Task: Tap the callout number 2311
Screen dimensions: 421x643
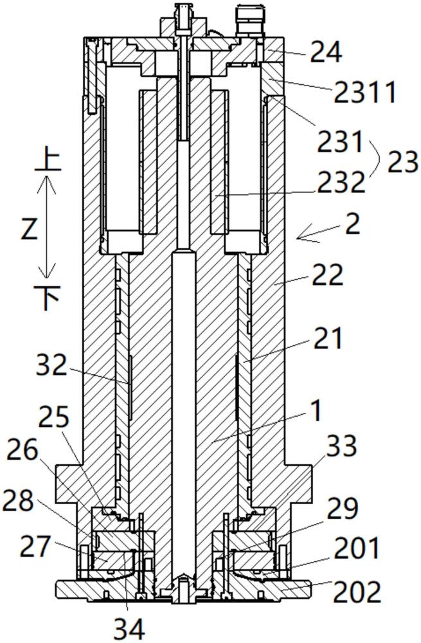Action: tap(365, 92)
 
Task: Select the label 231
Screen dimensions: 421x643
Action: tap(340, 142)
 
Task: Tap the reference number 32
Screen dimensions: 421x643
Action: tap(51, 365)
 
